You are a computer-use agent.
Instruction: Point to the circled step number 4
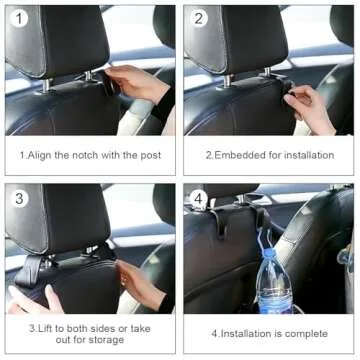coord(200,199)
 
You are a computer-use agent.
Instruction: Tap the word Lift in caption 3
coord(44,326)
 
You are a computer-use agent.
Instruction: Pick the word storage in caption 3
coord(104,339)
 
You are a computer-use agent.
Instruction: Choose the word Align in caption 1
coord(42,155)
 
